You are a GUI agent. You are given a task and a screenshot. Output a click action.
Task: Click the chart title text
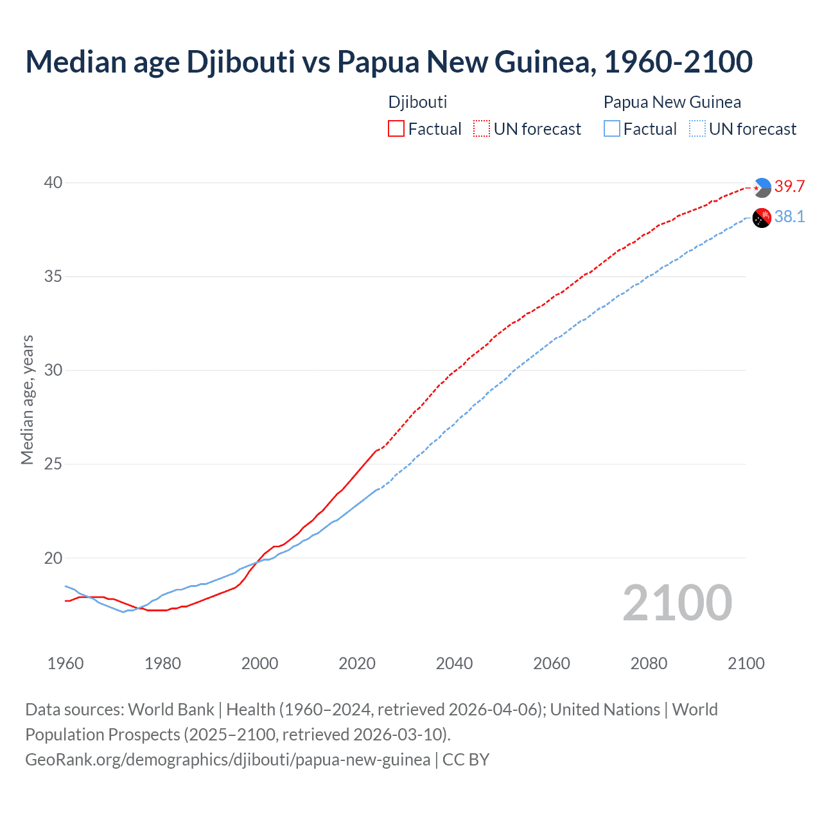pos(389,62)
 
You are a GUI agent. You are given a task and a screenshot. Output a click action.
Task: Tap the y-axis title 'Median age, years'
pos(27,399)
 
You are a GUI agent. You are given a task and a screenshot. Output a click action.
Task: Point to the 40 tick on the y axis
pos(53,183)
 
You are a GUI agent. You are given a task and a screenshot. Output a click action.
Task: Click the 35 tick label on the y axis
pos(53,277)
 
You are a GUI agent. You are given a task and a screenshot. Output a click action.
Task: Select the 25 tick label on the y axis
pos(53,464)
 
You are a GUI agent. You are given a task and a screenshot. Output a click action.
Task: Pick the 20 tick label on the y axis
pos(53,558)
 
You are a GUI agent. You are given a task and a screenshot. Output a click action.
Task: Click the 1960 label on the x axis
pos(66,663)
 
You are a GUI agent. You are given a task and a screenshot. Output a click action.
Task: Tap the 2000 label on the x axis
pos(259,663)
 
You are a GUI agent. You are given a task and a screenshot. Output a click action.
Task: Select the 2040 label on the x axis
pos(454,663)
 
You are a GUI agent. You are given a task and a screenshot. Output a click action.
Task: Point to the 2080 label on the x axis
pos(649,663)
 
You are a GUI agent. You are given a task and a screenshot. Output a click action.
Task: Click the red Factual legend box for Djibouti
pos(396,129)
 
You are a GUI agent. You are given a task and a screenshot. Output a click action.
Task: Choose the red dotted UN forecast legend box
pos(482,129)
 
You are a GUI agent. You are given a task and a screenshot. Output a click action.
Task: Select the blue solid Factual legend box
pos(612,129)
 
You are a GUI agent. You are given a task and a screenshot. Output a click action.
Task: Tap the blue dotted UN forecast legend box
pos(697,129)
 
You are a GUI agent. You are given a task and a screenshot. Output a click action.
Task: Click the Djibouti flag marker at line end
pos(762,188)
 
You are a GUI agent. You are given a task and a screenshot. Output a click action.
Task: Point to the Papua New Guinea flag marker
pos(762,218)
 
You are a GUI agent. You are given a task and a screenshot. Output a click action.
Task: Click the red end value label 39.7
pos(789,186)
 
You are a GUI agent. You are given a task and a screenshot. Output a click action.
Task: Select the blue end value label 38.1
pos(789,217)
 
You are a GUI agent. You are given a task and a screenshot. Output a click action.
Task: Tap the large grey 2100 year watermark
pos(678,603)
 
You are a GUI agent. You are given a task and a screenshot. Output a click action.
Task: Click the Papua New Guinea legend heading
pos(672,102)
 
